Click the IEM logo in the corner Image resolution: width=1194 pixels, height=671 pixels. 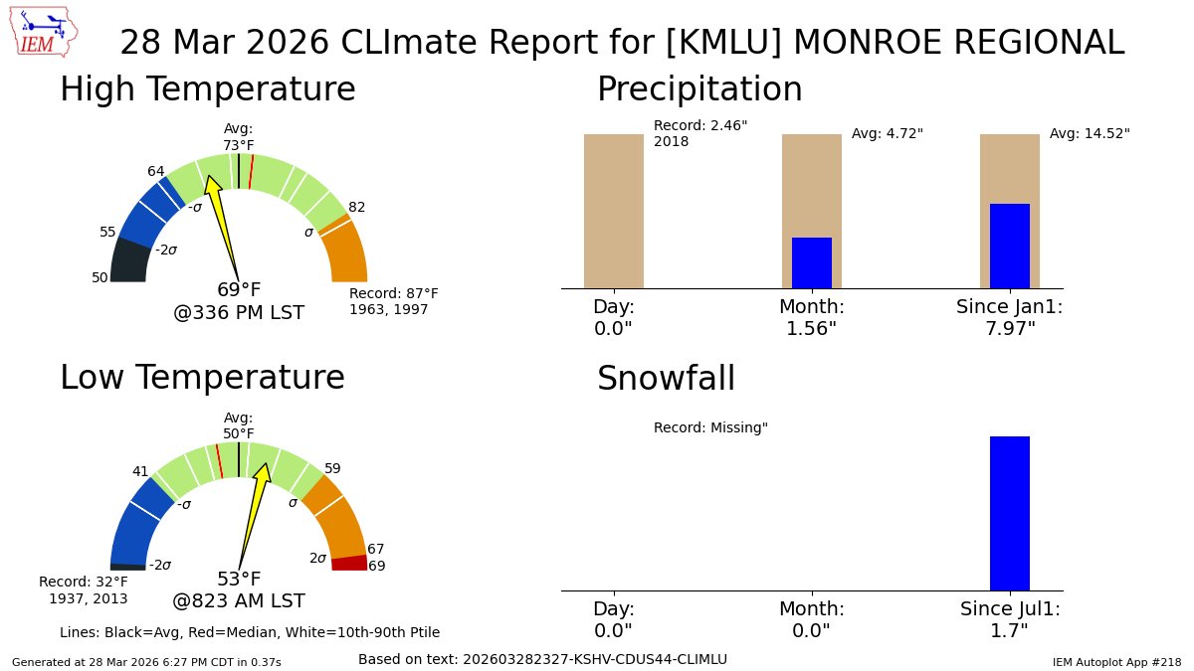[46, 32]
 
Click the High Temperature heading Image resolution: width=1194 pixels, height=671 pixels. [207, 89]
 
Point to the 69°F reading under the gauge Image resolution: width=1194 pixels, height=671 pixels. [239, 290]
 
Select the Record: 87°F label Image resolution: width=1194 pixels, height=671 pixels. [393, 294]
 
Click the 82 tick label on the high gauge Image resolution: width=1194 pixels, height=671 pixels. [356, 207]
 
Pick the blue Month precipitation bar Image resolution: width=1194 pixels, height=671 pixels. [811, 263]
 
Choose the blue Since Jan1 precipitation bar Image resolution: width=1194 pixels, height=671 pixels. [1009, 247]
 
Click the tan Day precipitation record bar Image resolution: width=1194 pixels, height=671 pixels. [613, 211]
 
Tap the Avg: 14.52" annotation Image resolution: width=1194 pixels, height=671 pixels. [1090, 133]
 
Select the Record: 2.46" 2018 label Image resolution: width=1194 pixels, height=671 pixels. [700, 133]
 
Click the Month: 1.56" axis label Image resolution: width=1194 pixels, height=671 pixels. [811, 317]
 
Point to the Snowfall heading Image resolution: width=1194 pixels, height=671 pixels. [666, 379]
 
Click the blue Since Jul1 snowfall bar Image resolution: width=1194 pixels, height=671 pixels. [1009, 513]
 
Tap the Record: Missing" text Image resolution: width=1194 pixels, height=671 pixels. [710, 427]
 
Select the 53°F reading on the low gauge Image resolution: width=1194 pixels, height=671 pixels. [239, 580]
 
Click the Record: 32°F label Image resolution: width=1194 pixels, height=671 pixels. [84, 589]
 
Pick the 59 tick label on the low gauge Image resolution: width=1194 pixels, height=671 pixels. [332, 468]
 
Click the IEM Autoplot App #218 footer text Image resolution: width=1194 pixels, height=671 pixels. [1116, 661]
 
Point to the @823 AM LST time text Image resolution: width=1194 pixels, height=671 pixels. [239, 601]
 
